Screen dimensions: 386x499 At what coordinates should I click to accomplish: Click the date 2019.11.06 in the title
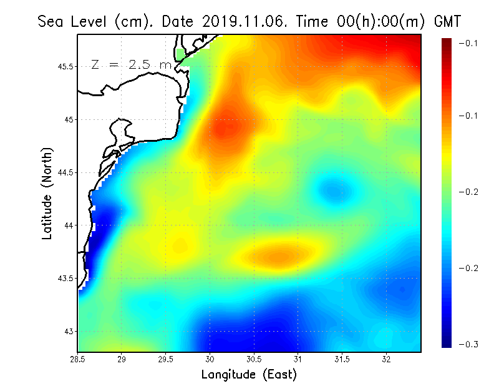point(240,21)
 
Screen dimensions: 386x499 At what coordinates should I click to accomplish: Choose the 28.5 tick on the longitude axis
point(78,359)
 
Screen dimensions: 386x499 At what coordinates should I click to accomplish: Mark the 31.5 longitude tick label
point(342,359)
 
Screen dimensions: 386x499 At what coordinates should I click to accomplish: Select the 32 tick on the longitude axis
point(387,359)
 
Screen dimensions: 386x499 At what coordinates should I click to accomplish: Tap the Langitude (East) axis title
point(249,374)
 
